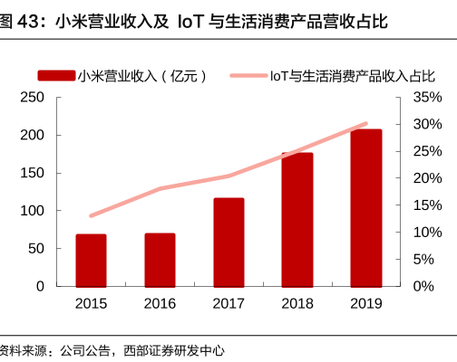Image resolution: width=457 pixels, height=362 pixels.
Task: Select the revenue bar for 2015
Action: pos(91,261)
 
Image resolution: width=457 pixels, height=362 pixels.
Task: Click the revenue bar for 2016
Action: pos(160,260)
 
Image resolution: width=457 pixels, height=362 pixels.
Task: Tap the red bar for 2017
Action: pos(228,243)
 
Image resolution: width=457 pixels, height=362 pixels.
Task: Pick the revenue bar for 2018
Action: pos(297,220)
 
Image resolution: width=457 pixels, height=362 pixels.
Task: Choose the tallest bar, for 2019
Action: pos(366,208)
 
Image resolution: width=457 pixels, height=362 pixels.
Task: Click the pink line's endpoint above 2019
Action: pos(366,124)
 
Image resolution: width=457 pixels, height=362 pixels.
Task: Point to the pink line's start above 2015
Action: pos(92,215)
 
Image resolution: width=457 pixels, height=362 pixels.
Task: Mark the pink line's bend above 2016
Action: pos(160,189)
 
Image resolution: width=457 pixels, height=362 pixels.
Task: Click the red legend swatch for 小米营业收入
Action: pos(56,75)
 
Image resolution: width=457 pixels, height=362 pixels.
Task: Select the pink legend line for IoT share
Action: pos(248,75)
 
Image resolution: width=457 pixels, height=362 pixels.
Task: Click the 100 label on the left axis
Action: pos(32,211)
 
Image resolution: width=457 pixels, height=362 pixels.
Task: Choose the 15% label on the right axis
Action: pos(428,205)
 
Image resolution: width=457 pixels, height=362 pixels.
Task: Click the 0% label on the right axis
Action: pos(423,286)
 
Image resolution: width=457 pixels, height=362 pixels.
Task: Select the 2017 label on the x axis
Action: pos(228,303)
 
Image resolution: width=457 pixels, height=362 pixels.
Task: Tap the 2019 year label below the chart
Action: pos(366,303)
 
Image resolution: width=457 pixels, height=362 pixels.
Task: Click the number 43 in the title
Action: pos(28,22)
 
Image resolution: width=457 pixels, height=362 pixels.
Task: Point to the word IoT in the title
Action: pos(190,22)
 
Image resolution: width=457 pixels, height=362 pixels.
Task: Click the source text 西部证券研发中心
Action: pos(174,351)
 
